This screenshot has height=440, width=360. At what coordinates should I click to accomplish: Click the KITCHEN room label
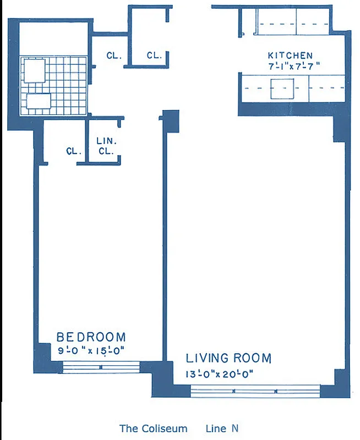[x=290, y=56]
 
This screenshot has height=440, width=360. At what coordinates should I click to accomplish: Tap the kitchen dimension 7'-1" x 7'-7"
[x=290, y=65]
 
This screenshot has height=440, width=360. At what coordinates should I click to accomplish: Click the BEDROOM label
[x=91, y=337]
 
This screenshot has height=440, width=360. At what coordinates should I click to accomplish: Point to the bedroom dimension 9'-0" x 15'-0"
[x=91, y=349]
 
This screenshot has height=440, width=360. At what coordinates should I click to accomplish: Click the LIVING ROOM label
[x=228, y=359]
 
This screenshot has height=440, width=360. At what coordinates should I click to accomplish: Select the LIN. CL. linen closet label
[x=105, y=146]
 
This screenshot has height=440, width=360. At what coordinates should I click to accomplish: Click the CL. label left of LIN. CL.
[x=74, y=151]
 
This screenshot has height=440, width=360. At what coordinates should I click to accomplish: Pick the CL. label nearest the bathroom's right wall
[x=114, y=55]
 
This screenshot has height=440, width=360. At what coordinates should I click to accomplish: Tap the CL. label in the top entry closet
[x=154, y=55]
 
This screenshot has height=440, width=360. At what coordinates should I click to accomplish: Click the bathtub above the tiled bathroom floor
[x=53, y=40]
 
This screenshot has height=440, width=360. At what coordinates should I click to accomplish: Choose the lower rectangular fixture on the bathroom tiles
[x=38, y=102]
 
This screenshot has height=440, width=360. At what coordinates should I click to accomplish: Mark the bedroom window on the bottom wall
[x=101, y=367]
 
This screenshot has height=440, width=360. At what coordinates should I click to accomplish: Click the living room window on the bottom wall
[x=255, y=392]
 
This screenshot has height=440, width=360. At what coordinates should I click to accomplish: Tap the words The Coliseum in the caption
[x=153, y=428]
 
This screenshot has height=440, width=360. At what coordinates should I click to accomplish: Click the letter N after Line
[x=234, y=428]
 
